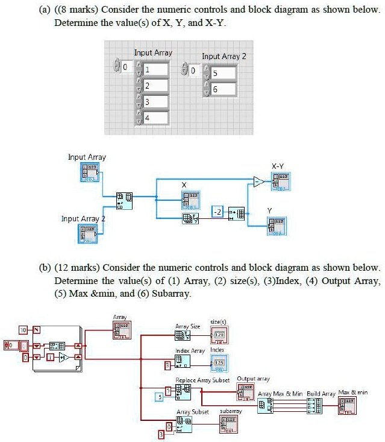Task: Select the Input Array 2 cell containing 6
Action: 221,89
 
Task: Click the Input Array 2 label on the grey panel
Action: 224,56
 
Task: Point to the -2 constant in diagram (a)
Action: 218,211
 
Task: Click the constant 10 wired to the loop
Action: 23,330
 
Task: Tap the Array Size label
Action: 187,326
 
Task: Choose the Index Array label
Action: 190,350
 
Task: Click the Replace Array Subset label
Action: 202,380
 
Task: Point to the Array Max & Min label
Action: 279,393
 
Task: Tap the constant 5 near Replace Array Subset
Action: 160,396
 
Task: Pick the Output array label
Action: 254,379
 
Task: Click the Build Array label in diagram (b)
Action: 321,393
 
